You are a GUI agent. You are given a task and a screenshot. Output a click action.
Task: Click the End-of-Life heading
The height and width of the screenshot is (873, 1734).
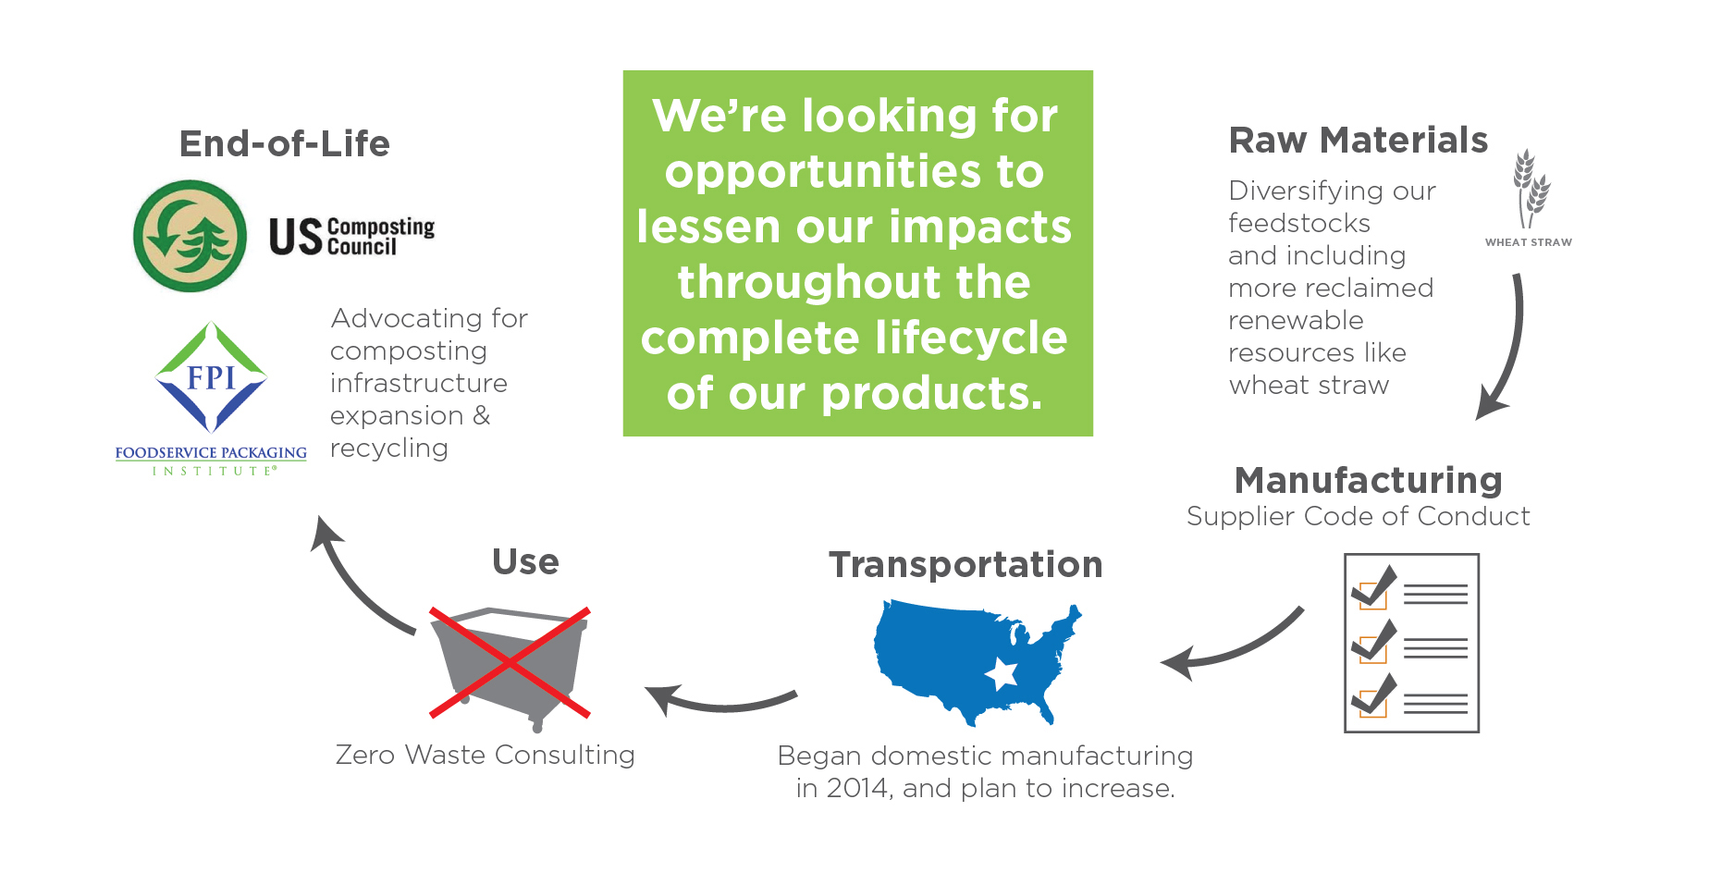[285, 144]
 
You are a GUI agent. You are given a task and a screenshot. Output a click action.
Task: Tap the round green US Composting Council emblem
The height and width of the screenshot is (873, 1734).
[191, 236]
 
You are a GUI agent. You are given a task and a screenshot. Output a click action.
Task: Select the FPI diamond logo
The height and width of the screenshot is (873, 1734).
[212, 377]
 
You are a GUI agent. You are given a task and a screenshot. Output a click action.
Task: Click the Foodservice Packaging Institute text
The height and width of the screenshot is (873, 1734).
[211, 460]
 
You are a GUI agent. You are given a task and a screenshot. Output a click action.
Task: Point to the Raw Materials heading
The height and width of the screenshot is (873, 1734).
[1358, 141]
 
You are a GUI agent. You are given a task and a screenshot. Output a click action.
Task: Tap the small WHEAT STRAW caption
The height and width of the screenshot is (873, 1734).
[1528, 242]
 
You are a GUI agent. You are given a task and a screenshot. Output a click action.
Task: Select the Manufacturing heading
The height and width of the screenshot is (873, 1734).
[1368, 481]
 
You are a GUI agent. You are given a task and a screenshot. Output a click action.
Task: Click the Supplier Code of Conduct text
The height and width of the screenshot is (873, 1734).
[1358, 516]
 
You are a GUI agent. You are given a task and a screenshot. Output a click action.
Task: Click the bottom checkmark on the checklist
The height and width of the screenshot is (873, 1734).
[1375, 695]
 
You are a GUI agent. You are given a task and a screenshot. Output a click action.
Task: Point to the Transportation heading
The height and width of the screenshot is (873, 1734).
[965, 565]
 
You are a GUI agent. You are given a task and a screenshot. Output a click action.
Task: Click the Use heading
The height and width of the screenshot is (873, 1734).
[525, 562]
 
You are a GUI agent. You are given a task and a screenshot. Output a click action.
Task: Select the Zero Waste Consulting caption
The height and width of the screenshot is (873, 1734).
[485, 756]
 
